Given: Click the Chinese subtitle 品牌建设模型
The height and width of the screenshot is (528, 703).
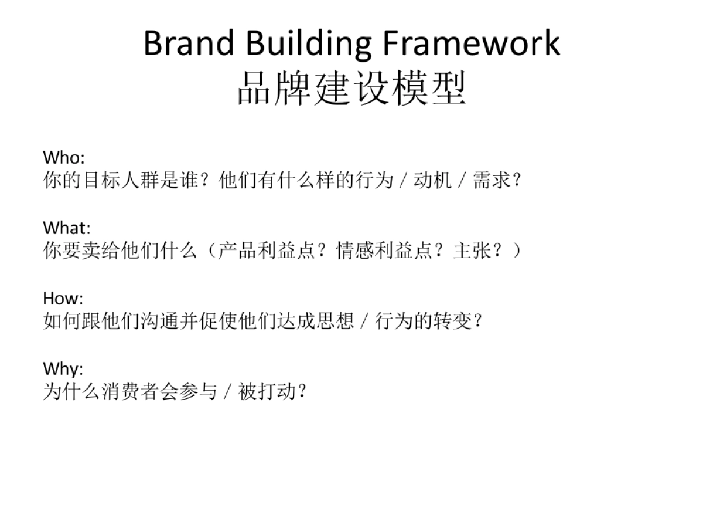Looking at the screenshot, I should [x=351, y=89].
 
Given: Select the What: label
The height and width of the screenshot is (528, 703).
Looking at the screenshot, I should [x=67, y=228].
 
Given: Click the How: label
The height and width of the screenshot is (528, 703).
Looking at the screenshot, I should [x=63, y=298].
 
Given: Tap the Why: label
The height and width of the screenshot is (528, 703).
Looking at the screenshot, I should [x=63, y=368].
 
